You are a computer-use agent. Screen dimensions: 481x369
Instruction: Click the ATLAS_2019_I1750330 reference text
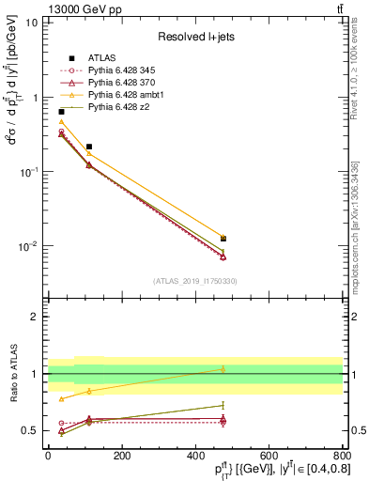point(195,280)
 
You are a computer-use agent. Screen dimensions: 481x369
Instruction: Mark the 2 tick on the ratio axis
point(36,317)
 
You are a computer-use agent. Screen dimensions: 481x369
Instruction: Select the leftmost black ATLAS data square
point(61,112)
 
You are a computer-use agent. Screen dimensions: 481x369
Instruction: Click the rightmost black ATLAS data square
point(223,239)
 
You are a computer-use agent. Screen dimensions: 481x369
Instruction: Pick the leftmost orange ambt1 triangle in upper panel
point(61,122)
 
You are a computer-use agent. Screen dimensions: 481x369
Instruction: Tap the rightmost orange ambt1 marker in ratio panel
point(223,369)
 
